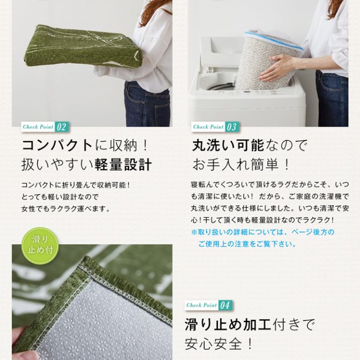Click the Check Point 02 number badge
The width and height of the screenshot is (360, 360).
click(x=61, y=127)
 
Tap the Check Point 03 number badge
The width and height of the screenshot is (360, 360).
click(x=231, y=127)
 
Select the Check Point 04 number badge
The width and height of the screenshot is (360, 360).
click(x=225, y=305)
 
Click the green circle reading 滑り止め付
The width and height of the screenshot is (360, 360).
click(x=40, y=246)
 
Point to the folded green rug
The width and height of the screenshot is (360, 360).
click(x=83, y=46)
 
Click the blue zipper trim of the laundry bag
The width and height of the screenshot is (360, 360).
click(x=273, y=40)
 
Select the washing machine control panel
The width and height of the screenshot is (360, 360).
click(x=246, y=93)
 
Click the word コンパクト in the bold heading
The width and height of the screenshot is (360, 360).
click(x=57, y=146)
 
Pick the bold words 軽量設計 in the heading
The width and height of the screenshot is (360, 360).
click(x=123, y=164)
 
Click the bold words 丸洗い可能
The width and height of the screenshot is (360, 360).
click(x=228, y=146)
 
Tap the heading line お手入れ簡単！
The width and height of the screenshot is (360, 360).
click(x=241, y=164)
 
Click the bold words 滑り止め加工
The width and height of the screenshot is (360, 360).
click(x=228, y=325)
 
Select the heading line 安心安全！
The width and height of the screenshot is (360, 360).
click(x=219, y=344)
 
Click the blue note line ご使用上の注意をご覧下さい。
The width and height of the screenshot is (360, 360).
click(x=247, y=244)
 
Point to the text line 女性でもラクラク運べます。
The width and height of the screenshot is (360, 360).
click(x=66, y=209)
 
